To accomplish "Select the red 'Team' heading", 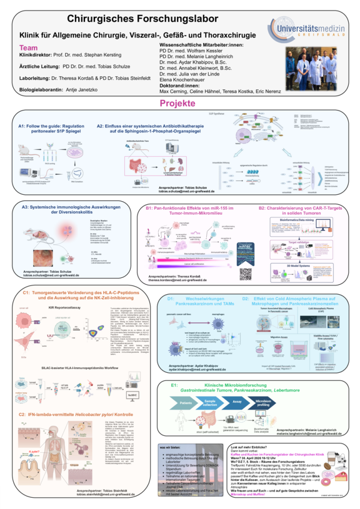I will (x=29, y=47).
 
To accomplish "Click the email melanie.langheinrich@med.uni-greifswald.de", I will (x=309, y=431).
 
